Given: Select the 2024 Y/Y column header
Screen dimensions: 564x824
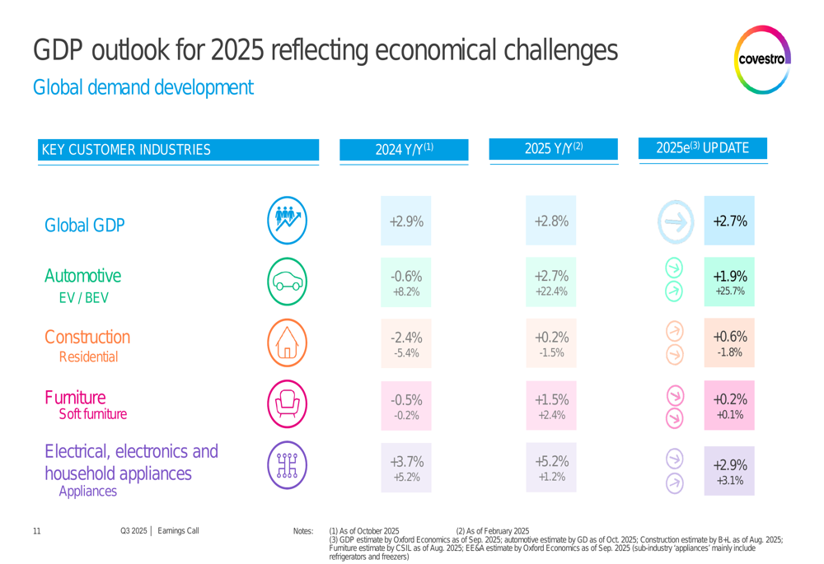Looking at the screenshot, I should (404, 149).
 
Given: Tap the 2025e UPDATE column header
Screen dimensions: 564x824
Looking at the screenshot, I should (703, 148).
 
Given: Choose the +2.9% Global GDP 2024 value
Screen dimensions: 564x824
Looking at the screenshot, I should (405, 221).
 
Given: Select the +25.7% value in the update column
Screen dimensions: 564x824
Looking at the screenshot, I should (729, 291).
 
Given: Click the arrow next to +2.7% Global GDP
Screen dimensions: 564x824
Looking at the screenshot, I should (674, 222).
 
